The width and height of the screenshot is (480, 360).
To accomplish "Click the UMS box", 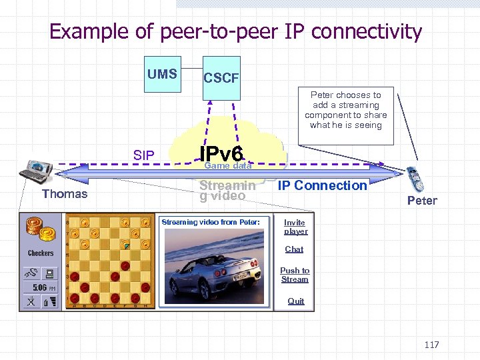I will pos(162,74).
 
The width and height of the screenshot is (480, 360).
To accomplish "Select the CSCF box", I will pos(221,78).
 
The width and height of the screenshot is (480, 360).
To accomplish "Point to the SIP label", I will pos(143,156).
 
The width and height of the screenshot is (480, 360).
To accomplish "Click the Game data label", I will pos(227,165).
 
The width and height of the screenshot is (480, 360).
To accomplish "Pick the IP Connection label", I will pos(322,185).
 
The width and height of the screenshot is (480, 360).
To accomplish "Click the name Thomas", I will pos(65,194).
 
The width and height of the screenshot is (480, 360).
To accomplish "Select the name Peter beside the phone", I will pos(422,201).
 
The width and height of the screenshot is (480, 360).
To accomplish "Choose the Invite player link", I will pos(295,227).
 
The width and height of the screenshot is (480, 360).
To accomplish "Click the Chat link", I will pos(294,249).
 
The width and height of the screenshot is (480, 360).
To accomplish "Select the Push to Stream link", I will pos(295,275).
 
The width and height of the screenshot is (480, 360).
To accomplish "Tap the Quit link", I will pos(296,301).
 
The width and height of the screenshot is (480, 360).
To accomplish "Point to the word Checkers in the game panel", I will pos(41,253).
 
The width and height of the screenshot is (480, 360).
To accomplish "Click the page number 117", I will pos(431,345).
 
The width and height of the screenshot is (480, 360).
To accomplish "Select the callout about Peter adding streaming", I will pos(346,111).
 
